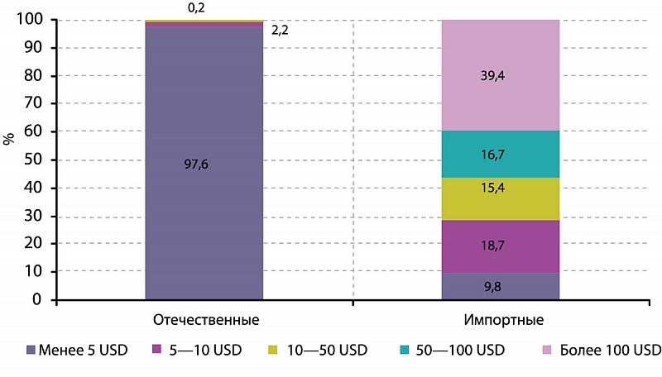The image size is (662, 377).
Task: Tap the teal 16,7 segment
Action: (x=500, y=154)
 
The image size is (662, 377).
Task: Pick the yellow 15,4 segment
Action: (x=500, y=198)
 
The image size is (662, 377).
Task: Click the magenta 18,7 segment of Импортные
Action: (x=500, y=246)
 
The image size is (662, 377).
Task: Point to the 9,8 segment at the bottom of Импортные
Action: (x=500, y=287)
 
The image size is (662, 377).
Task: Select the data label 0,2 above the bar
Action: (x=196, y=7)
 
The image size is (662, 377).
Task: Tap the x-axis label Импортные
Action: (x=500, y=319)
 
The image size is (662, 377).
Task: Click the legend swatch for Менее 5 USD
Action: (x=32, y=350)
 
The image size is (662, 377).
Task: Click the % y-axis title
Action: (x=10, y=138)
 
